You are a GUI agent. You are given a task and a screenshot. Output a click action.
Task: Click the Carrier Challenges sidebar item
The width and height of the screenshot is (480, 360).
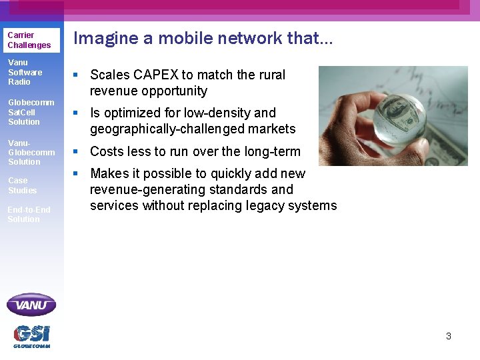[x=29, y=40]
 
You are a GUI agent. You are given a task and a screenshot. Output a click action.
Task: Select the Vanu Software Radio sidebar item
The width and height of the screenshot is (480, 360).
[x=25, y=72]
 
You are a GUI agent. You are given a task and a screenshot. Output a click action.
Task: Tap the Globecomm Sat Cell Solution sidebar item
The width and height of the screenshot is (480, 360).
[x=31, y=112]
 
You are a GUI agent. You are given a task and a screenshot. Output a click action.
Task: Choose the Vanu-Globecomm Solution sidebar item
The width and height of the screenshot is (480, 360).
[x=31, y=152]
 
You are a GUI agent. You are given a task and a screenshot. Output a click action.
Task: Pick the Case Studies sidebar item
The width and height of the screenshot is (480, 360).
[x=22, y=185]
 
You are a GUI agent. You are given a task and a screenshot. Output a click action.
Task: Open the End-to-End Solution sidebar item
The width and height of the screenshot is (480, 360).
[x=29, y=214]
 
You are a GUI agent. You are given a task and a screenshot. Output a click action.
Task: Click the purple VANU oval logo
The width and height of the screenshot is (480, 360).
[x=31, y=305]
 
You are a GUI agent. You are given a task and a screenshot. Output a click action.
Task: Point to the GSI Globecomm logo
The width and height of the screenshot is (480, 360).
[x=31, y=336]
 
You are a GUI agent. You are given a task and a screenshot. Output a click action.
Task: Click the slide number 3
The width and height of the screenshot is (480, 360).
[x=449, y=336]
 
